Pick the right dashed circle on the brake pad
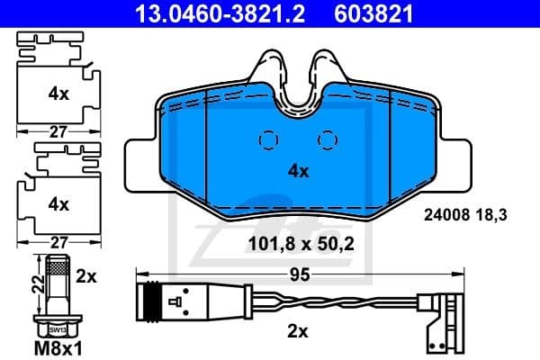tap(328, 140)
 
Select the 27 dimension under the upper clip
tap(58, 131)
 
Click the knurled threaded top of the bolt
tap(57, 267)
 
